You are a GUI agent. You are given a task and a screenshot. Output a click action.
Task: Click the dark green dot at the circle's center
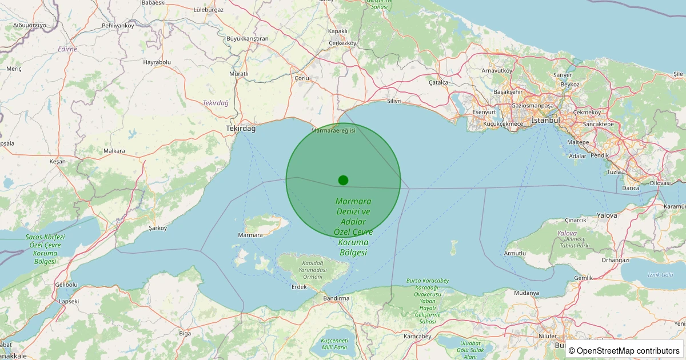(343, 180)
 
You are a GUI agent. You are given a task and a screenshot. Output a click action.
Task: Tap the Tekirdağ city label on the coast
(241, 129)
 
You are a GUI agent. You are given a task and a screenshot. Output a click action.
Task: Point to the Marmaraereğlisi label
(333, 131)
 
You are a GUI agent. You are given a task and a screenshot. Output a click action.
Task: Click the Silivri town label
(394, 101)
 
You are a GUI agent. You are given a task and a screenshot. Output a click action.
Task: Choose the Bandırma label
(336, 298)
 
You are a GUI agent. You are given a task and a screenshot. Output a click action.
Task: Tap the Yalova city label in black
(607, 215)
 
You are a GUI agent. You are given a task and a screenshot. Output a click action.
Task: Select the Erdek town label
(299, 287)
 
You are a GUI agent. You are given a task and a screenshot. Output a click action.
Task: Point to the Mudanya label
(527, 293)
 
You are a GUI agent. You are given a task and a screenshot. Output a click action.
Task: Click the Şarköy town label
(158, 228)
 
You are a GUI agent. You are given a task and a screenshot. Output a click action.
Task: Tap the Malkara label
(114, 151)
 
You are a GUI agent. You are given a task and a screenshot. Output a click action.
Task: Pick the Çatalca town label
(438, 82)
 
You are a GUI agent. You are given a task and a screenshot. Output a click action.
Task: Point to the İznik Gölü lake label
(660, 275)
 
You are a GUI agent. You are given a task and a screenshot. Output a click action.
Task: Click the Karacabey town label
(417, 337)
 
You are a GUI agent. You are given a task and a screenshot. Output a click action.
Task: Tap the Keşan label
(58, 162)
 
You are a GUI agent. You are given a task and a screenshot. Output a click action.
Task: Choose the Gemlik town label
(584, 278)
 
